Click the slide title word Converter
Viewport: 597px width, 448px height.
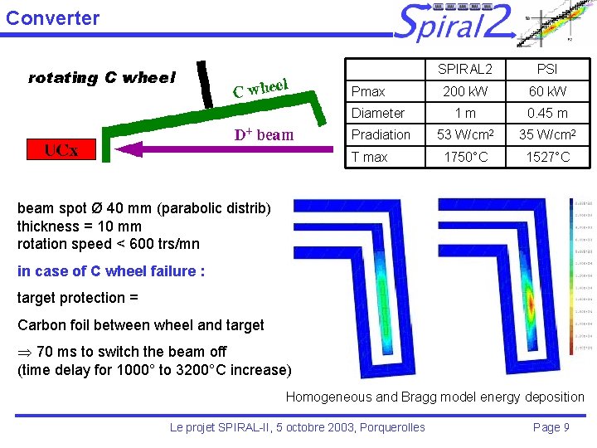click(52, 17)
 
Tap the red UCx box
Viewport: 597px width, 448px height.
click(61, 150)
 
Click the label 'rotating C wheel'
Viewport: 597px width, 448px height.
click(102, 78)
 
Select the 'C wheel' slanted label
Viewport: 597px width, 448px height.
click(260, 86)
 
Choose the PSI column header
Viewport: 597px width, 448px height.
click(547, 69)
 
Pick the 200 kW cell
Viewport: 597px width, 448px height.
click(464, 91)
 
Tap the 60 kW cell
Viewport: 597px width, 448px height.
click(547, 91)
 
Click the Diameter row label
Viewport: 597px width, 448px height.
click(378, 113)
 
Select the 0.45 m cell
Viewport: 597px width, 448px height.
click(547, 113)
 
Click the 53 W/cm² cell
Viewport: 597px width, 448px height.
click(464, 134)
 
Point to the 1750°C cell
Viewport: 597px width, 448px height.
click(464, 157)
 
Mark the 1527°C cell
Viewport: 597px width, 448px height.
click(547, 157)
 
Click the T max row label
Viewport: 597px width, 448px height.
click(370, 157)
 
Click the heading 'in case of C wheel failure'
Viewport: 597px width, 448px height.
click(110, 271)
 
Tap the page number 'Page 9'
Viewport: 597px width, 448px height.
click(551, 427)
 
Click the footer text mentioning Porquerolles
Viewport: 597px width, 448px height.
click(297, 427)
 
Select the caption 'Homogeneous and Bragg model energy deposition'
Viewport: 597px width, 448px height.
click(434, 397)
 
